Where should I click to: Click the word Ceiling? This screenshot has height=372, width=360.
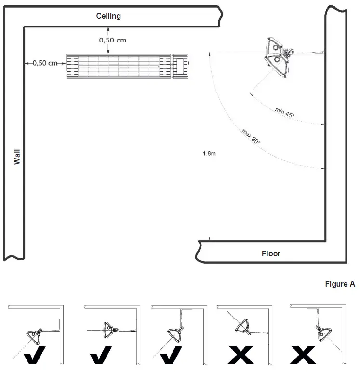click(x=108, y=16)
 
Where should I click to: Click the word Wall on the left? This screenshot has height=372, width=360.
click(x=17, y=157)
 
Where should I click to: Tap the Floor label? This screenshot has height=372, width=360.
click(x=270, y=253)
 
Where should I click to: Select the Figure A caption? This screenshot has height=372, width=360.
click(x=340, y=284)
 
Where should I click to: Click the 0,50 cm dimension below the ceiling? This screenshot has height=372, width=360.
click(x=113, y=40)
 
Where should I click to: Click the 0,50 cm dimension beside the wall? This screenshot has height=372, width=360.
click(x=45, y=63)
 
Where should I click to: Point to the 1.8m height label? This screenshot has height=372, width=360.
click(x=209, y=154)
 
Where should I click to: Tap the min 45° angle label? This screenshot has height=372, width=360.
click(x=285, y=113)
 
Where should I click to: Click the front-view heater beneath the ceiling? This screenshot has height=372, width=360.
click(x=119, y=66)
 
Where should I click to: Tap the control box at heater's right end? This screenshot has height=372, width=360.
click(x=181, y=66)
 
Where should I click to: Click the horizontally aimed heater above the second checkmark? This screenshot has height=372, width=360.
click(x=109, y=330)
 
